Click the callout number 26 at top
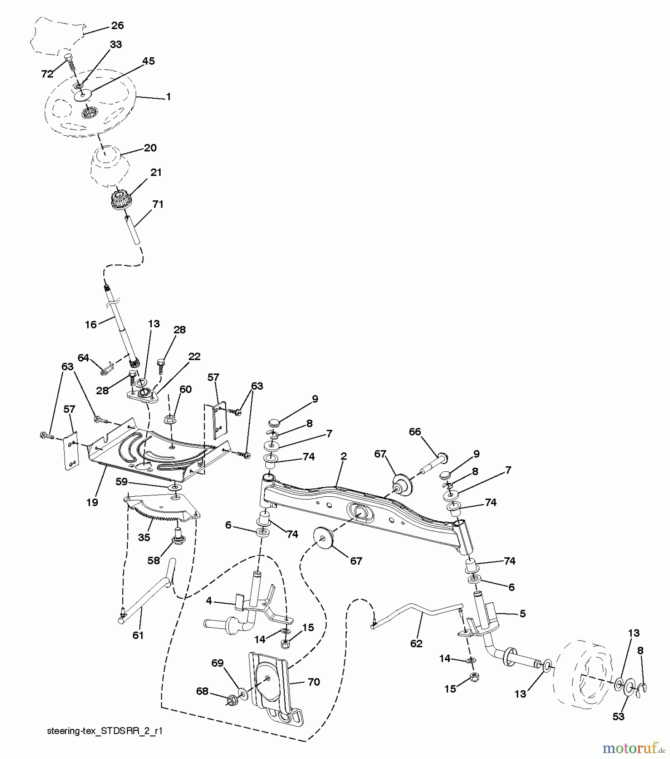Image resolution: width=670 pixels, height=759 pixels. coord(117,26)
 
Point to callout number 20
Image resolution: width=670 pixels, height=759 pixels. coord(150,148)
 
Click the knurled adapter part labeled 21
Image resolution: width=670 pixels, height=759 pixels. coord(121,199)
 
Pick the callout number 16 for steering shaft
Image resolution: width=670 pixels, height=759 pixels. coord(91,324)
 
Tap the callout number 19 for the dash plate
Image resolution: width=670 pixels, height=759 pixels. coord(92,502)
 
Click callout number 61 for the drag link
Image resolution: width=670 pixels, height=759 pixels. coord(138,635)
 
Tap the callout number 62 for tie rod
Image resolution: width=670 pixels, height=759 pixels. coord(416,643)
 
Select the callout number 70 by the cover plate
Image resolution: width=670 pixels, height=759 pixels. coord(314,682)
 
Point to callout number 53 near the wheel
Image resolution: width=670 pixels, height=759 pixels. coord(618,716)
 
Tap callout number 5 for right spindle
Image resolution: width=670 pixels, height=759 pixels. coord(522,614)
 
